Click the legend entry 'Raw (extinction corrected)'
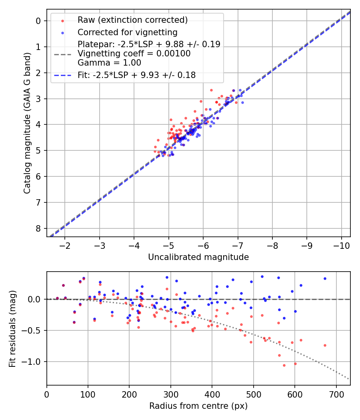(132, 20)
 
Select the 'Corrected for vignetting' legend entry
(128, 32)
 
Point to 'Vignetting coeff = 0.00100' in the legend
(134, 53)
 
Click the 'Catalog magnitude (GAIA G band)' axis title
(27, 122)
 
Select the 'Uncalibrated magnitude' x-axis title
(198, 257)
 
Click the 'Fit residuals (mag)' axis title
(12, 328)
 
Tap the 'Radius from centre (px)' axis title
(198, 406)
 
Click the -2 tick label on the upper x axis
(65, 245)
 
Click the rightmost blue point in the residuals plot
(325, 278)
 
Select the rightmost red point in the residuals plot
(325, 345)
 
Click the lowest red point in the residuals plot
(284, 365)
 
